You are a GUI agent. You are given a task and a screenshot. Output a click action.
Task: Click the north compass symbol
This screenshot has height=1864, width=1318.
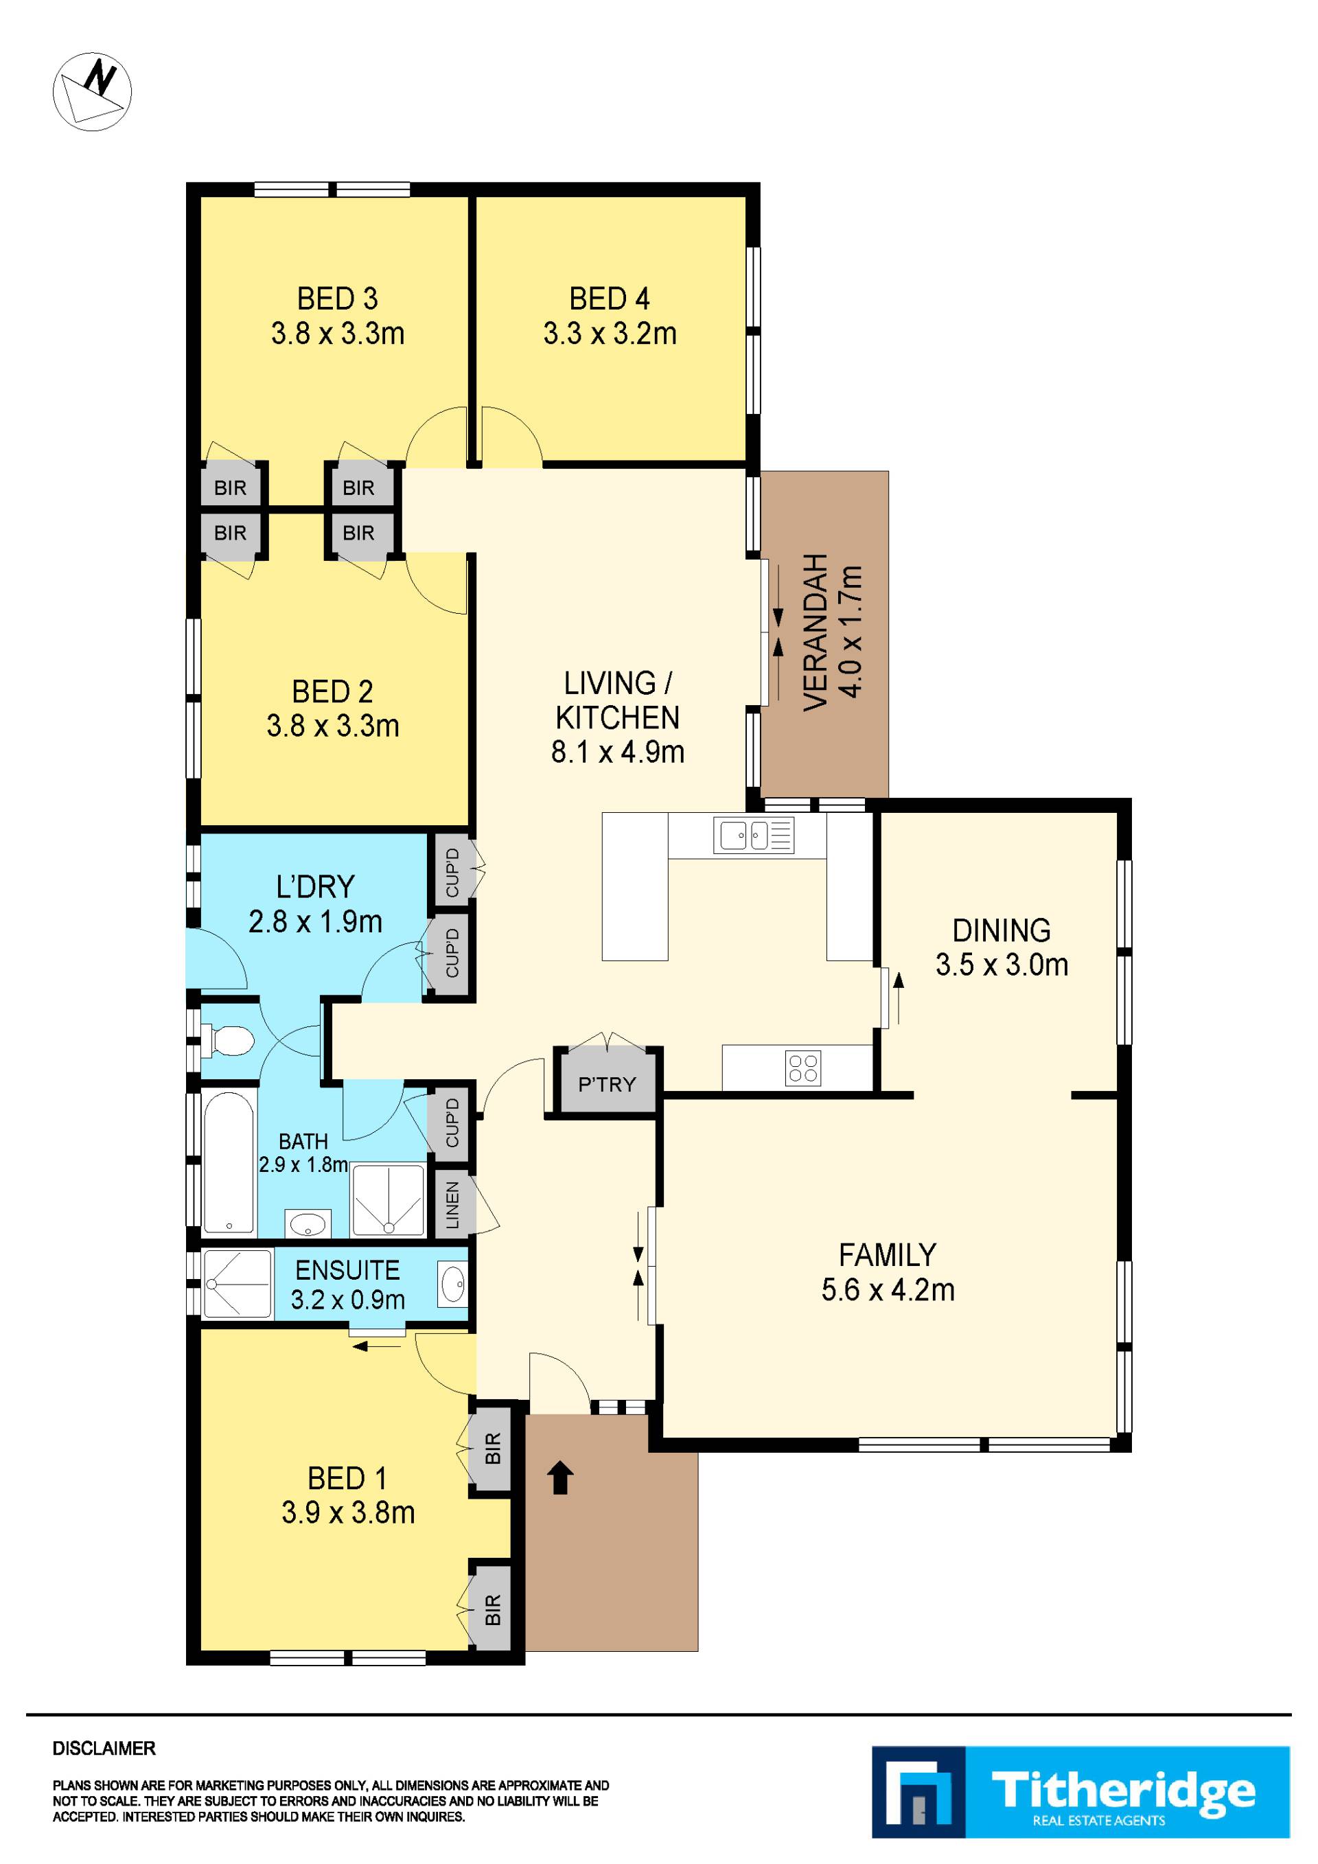92,91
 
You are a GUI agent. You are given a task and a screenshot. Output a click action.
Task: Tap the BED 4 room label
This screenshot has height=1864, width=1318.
610,299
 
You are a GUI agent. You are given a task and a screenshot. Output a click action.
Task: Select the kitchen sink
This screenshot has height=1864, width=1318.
754,835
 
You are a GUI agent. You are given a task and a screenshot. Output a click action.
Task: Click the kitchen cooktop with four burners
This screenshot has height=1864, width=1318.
802,1068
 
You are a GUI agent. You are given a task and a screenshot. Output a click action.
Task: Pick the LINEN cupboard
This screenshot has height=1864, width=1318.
452,1205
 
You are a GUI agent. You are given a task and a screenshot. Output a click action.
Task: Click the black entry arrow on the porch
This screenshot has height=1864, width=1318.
561,1477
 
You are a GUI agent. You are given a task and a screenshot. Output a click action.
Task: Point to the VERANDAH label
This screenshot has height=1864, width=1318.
816,632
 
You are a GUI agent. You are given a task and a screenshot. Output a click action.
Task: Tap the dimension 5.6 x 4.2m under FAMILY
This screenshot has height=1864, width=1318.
888,1290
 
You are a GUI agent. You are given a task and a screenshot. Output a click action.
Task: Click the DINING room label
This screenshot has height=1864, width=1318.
1002,930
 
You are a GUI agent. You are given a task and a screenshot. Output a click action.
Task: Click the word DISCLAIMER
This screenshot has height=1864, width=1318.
104,1749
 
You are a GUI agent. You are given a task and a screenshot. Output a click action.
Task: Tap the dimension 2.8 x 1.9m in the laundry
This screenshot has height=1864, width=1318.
315,921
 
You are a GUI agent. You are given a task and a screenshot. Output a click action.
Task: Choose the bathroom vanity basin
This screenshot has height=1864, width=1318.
309,1223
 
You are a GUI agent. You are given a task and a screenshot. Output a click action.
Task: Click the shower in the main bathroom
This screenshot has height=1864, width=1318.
387,1201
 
